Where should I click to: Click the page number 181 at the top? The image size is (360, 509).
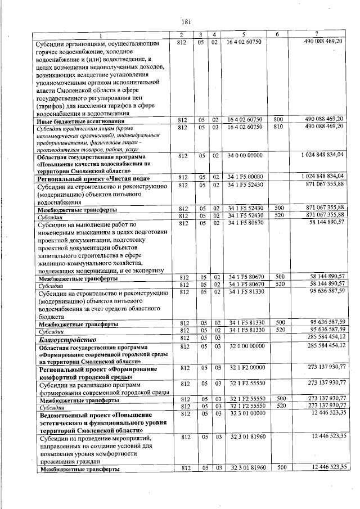point(187,22)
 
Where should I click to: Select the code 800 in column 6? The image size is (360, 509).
point(278,120)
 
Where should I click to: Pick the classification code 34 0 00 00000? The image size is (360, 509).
point(244,155)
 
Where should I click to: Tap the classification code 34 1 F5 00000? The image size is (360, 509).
point(244,177)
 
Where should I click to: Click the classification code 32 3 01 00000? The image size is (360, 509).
point(244,413)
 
